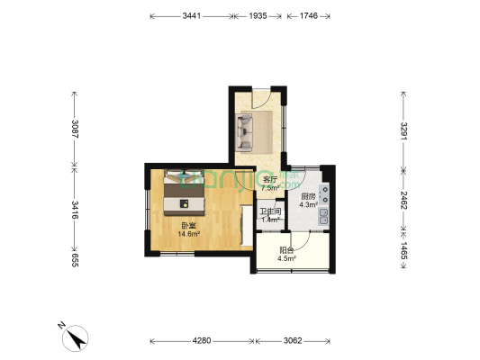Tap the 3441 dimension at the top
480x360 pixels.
click(x=191, y=16)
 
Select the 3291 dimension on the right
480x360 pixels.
click(x=404, y=133)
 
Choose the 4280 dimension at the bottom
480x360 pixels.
click(x=201, y=341)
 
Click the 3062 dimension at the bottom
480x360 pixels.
click(x=294, y=341)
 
